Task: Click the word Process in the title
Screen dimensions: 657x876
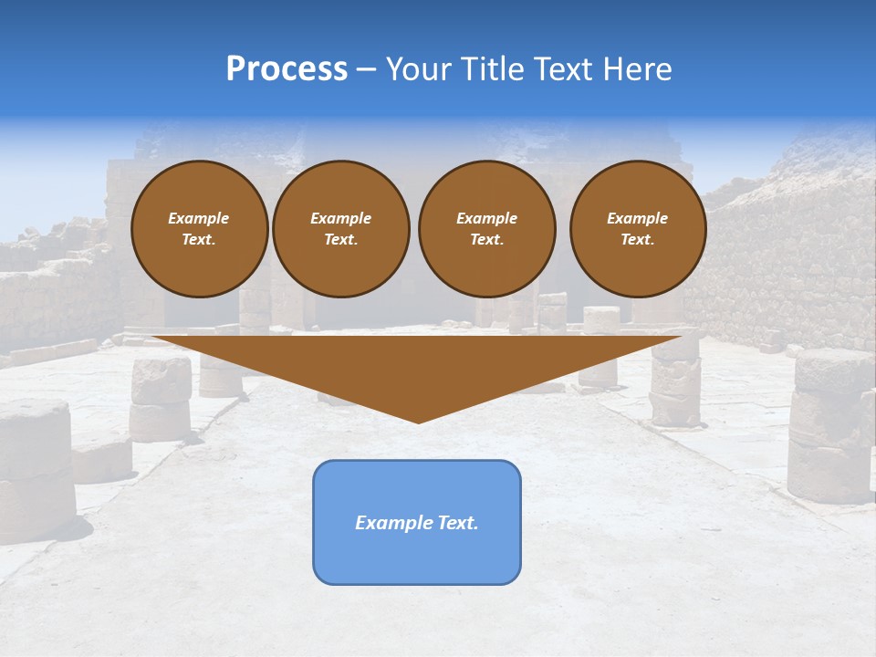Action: click(x=287, y=69)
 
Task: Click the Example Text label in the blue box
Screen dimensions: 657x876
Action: click(x=417, y=523)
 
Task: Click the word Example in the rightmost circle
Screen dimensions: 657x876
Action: click(x=638, y=218)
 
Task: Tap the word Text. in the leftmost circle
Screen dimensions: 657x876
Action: click(x=199, y=240)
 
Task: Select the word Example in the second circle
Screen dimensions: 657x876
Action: click(x=340, y=218)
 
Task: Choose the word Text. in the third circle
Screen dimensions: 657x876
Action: click(x=486, y=240)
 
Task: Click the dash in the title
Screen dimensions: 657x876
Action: click(x=367, y=69)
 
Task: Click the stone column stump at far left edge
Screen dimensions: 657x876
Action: click(x=35, y=465)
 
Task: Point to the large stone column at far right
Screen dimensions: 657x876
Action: click(x=830, y=424)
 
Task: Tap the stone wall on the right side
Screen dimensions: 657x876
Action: click(x=785, y=265)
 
